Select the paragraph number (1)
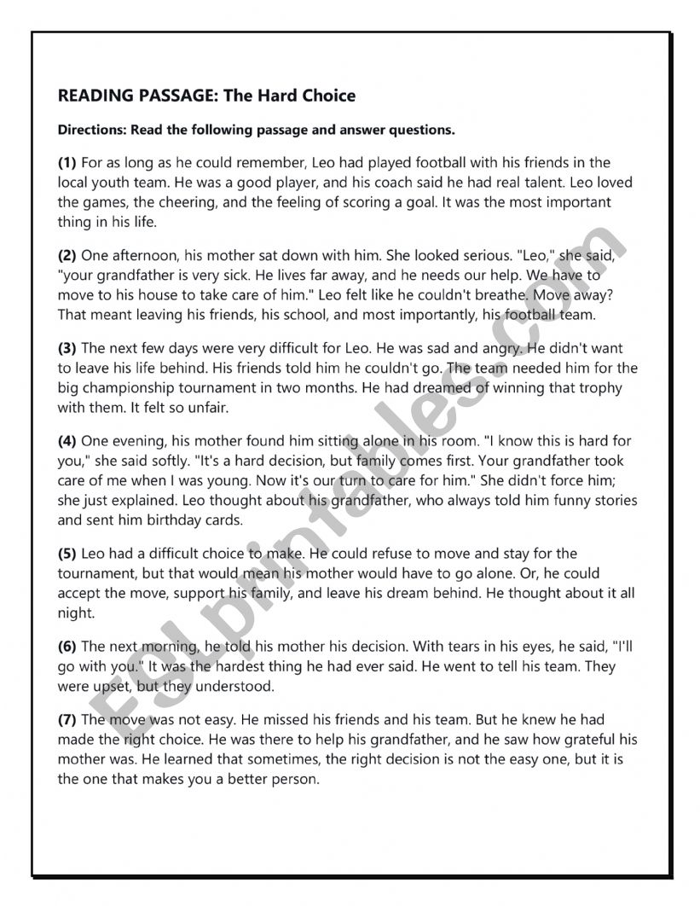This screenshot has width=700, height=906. point(67,162)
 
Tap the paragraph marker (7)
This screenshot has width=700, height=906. point(67,721)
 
